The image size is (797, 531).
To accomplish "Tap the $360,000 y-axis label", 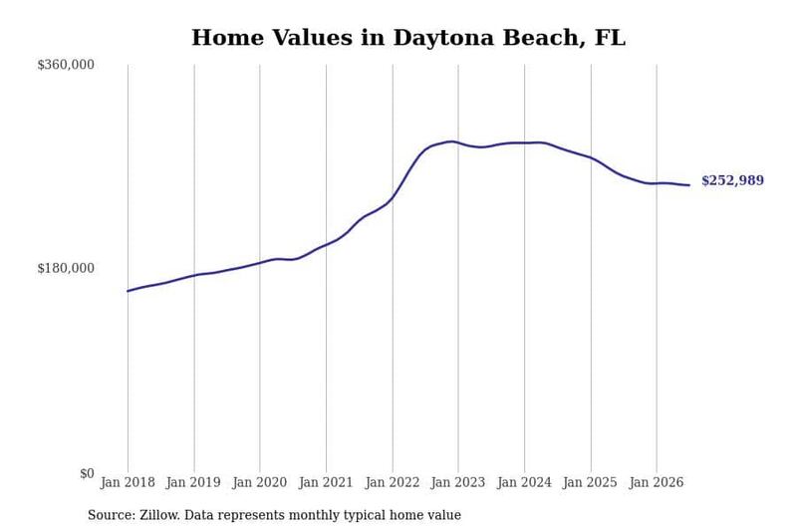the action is click(x=66, y=65).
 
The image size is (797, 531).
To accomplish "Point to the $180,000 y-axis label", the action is click(x=66, y=268).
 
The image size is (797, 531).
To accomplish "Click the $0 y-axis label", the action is click(x=87, y=473).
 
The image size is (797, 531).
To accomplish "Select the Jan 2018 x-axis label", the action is click(x=128, y=482).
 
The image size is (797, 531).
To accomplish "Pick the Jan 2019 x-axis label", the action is click(x=193, y=482).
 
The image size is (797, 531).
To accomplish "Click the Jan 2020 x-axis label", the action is click(x=260, y=482).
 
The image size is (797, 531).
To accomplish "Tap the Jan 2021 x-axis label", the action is click(x=326, y=482).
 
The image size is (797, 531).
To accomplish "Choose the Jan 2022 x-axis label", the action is click(x=393, y=482).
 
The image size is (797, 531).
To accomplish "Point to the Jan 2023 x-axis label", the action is click(x=458, y=482).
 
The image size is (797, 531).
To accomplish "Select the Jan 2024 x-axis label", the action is click(x=524, y=482).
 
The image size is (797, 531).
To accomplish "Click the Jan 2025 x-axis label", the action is click(x=590, y=482).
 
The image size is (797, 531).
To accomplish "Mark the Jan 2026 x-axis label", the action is click(x=657, y=482).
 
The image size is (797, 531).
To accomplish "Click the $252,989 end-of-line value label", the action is click(x=732, y=180).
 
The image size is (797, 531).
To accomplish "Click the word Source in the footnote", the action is click(x=112, y=515).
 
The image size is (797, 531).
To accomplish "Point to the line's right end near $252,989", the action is click(x=689, y=185).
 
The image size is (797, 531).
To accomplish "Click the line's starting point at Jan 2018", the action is click(x=128, y=291).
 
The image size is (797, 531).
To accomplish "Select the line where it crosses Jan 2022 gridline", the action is click(x=393, y=197).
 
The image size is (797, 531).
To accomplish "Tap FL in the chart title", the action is click(x=610, y=38).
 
